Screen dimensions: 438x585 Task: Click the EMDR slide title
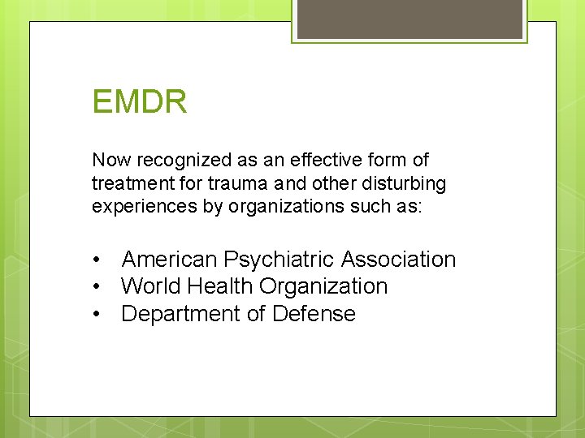tap(140, 102)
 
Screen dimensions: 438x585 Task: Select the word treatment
tap(131, 183)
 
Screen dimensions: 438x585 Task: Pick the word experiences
tap(135, 206)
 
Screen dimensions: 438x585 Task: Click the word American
tap(169, 260)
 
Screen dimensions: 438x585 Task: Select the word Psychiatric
tap(279, 260)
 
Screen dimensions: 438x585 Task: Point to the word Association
tap(398, 260)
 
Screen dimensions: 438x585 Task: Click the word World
tap(151, 286)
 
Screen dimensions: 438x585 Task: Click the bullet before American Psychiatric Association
tap(97, 260)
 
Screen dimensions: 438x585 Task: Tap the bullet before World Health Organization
tap(97, 287)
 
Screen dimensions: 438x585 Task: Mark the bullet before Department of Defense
tap(97, 315)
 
